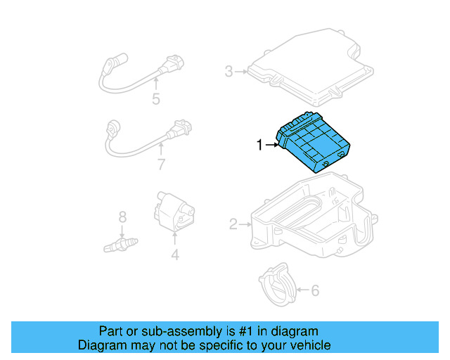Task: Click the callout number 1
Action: point(259,146)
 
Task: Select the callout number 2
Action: point(233,224)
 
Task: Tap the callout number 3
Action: point(229,71)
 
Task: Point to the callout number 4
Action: point(175,256)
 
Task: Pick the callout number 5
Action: point(155,99)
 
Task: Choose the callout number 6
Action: point(314,289)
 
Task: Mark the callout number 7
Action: point(161,165)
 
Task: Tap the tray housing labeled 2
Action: point(309,218)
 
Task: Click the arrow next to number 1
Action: point(271,146)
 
